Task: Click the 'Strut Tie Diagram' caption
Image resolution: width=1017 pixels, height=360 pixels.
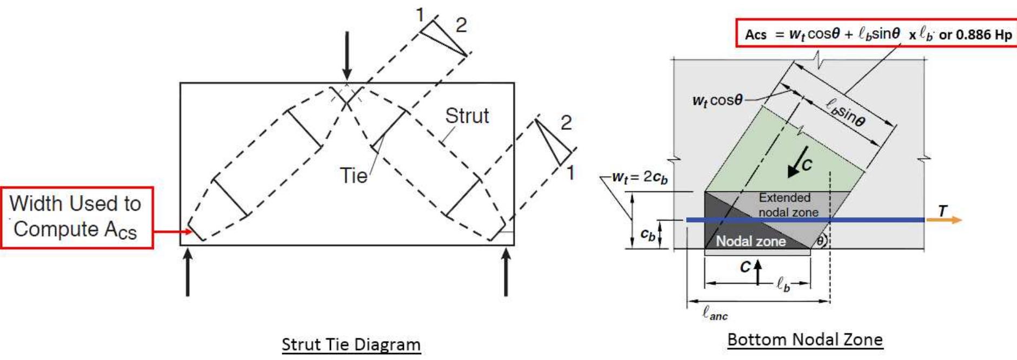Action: tap(351, 344)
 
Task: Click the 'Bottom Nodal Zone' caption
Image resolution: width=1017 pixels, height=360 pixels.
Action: tap(805, 339)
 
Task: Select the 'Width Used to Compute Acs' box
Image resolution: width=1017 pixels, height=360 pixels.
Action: tap(77, 217)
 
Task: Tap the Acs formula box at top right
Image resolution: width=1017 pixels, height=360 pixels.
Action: tap(877, 34)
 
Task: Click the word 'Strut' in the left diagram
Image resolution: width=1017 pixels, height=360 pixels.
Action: tap(467, 116)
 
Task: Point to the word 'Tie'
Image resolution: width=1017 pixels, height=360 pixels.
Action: tap(353, 176)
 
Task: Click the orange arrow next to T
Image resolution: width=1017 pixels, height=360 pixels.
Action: tap(944, 220)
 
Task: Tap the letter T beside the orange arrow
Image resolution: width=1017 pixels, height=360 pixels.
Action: tap(943, 210)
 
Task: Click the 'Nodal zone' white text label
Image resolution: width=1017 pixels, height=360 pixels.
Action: tap(750, 241)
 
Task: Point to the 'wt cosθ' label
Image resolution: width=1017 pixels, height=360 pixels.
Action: tap(717, 101)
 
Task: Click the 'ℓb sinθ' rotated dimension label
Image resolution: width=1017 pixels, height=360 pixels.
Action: tap(846, 112)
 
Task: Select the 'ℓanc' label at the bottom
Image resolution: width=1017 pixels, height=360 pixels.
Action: tap(715, 313)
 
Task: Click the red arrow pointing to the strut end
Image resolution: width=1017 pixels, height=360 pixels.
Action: tap(173, 232)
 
